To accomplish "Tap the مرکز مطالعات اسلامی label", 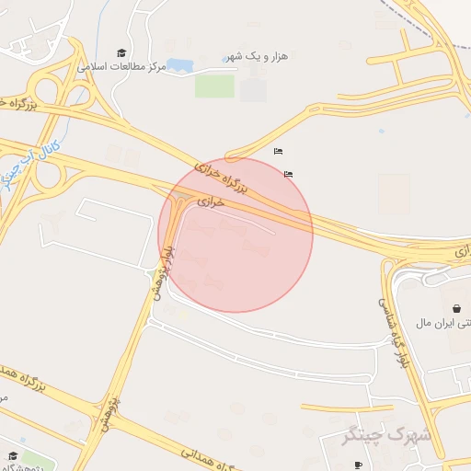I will point(123,67).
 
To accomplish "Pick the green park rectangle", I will point(214,86).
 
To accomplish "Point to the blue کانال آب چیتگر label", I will point(29,162).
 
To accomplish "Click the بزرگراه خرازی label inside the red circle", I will point(222,177).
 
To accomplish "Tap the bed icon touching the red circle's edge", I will point(289,173).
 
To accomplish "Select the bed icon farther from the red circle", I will point(278,151).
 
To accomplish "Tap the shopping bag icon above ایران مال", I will point(457,308).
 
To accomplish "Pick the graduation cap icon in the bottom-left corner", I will point(13,454).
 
